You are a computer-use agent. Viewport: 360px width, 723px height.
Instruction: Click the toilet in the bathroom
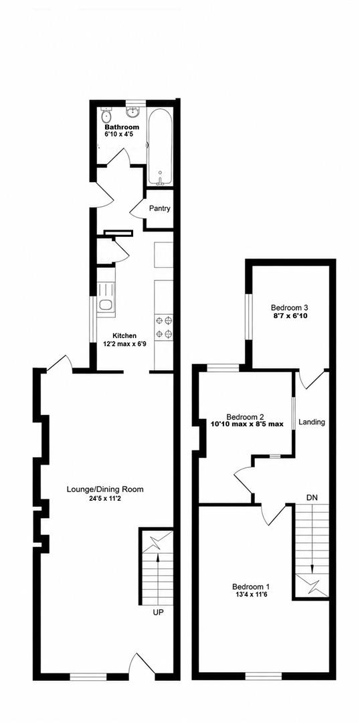click(106, 113)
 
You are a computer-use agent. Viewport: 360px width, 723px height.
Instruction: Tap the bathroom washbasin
click(134, 112)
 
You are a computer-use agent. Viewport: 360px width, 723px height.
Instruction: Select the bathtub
click(160, 146)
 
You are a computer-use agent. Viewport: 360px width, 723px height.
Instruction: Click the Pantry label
click(160, 208)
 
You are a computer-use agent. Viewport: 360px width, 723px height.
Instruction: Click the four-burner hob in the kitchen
click(164, 326)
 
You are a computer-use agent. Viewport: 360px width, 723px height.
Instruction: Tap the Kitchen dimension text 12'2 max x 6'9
click(124, 343)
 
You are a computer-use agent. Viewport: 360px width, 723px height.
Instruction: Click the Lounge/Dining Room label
click(105, 489)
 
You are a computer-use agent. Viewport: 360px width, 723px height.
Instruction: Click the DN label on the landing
click(312, 497)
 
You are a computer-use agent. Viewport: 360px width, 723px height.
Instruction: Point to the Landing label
click(312, 422)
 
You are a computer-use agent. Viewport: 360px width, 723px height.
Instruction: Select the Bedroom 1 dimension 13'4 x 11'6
click(250, 594)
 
